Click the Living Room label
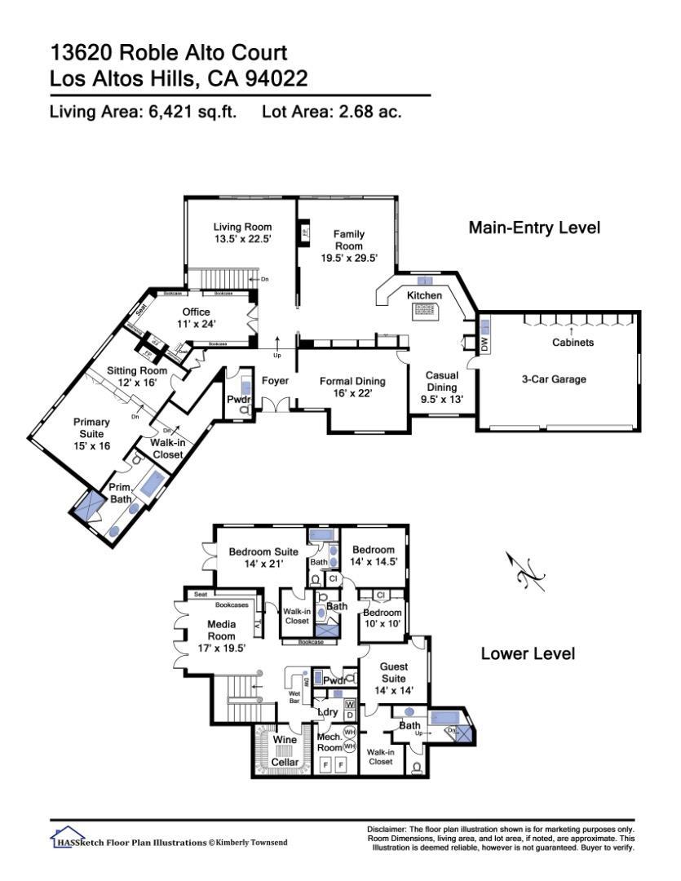click(242, 227)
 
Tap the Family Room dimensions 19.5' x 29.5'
click(348, 256)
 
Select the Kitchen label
click(424, 294)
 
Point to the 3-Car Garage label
click(555, 379)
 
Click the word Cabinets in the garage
click(573, 343)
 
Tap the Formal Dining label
click(352, 381)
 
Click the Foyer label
click(276, 381)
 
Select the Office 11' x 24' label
click(196, 318)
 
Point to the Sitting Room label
click(137, 370)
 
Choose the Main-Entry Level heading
click(534, 228)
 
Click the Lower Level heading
click(528, 653)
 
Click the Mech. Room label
click(329, 741)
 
